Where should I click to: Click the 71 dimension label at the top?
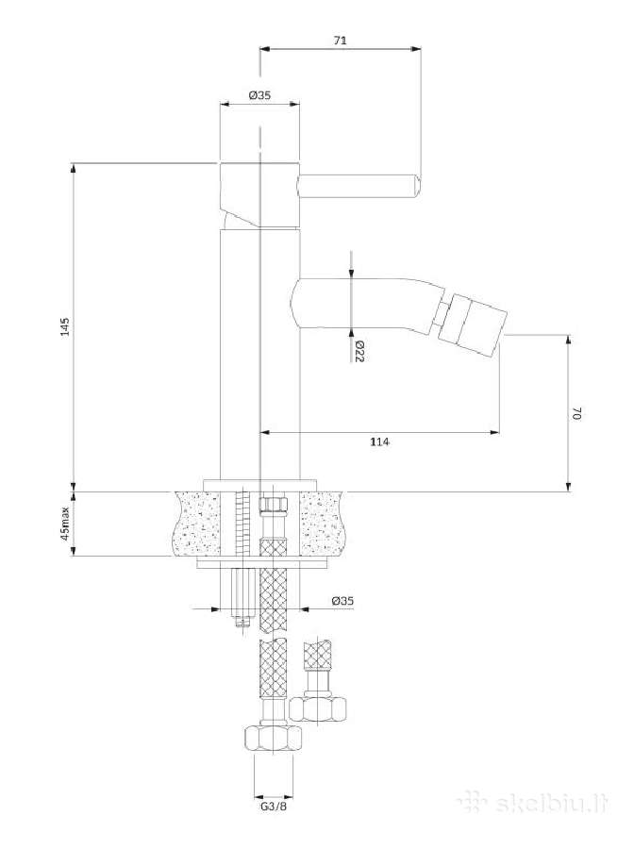(x=340, y=40)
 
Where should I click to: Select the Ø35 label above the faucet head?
(x=259, y=95)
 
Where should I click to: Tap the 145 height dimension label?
(x=65, y=327)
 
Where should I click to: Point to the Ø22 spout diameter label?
(x=359, y=352)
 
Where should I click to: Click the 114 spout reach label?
(x=379, y=441)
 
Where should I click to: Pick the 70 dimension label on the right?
(x=576, y=414)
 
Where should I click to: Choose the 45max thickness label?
(x=65, y=524)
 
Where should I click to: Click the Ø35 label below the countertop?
(x=342, y=601)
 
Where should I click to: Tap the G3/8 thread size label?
(x=274, y=807)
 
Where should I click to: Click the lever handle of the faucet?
(x=359, y=185)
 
